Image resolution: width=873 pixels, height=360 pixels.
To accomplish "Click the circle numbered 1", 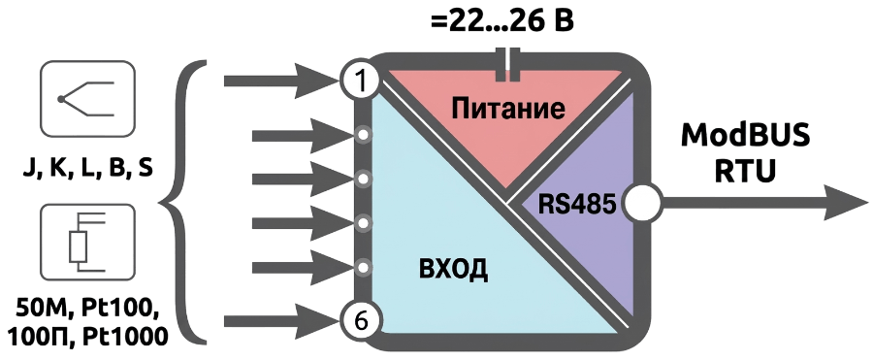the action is pos(360,82).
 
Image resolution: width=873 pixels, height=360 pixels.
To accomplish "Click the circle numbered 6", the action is pos(360,321).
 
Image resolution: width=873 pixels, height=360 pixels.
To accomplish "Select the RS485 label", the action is pos(577,205).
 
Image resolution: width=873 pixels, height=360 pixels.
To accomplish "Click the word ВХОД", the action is pos(453,269).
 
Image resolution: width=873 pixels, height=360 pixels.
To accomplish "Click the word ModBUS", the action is pos(745,136).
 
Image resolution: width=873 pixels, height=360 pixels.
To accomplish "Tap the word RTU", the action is pos(745,171).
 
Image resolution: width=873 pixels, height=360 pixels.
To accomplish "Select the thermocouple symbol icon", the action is pos(87,99).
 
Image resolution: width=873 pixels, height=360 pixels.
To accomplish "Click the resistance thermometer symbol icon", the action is pos(87,242).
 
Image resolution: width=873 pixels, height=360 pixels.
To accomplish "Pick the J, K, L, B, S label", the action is pos(87,169).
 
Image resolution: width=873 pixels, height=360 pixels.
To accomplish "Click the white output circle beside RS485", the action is pos(642,204).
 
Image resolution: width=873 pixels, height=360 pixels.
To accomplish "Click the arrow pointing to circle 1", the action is pos(283,82).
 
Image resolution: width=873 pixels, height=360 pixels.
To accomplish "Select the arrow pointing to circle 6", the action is pos(283,321).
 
